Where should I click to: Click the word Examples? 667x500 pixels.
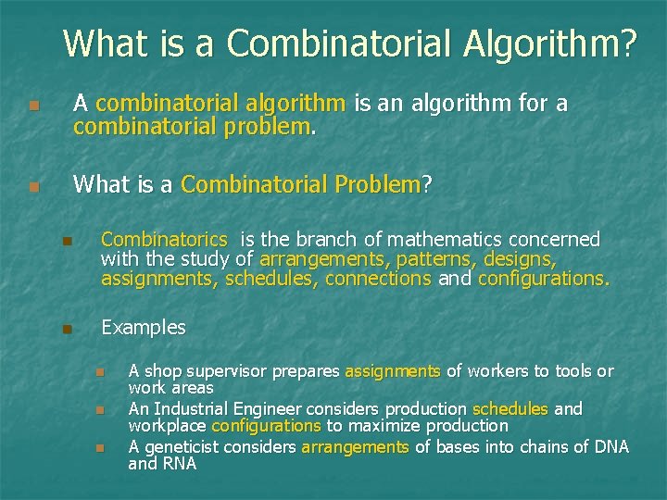click(144, 328)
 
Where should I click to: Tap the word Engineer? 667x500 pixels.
click(270, 408)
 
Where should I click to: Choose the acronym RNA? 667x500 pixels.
click(179, 464)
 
